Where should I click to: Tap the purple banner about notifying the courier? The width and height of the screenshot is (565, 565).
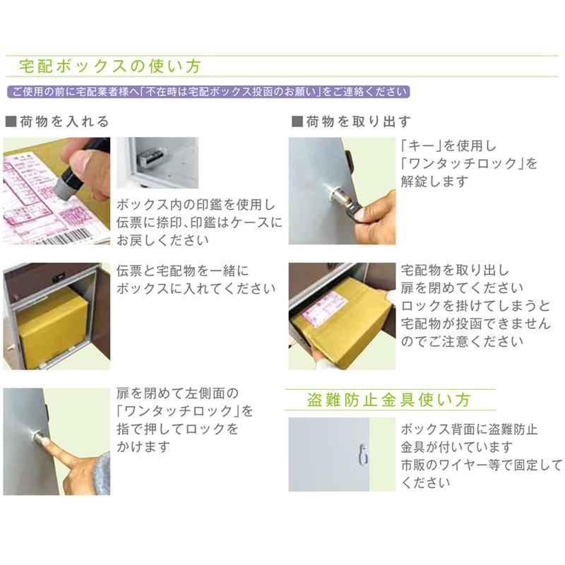pos(208,92)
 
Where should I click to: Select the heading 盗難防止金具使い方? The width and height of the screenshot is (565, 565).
pos(389,400)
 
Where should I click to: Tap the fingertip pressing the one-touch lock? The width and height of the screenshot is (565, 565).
pos(46,444)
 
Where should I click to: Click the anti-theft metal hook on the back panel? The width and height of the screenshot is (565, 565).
pos(362,456)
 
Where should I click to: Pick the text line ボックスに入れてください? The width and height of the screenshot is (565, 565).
pos(196,288)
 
